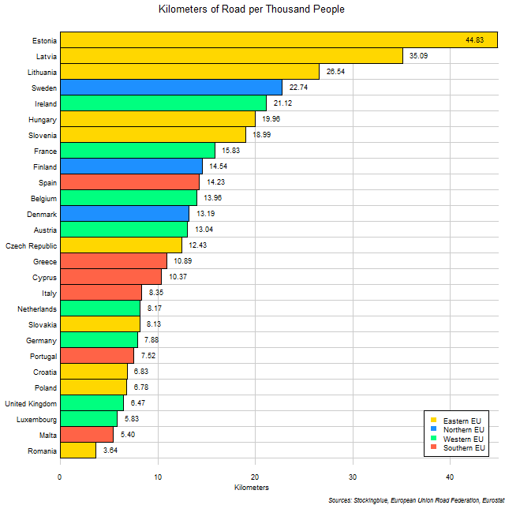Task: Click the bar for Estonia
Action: (278, 40)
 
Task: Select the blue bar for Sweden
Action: (170, 88)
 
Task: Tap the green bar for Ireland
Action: (163, 103)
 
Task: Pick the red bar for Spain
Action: (129, 182)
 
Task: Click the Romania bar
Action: (78, 451)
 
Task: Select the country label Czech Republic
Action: (31, 245)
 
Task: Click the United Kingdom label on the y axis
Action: (29, 403)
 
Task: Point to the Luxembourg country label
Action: (36, 419)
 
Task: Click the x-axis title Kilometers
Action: (252, 488)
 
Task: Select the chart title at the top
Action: (252, 10)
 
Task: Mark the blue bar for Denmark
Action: (125, 214)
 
